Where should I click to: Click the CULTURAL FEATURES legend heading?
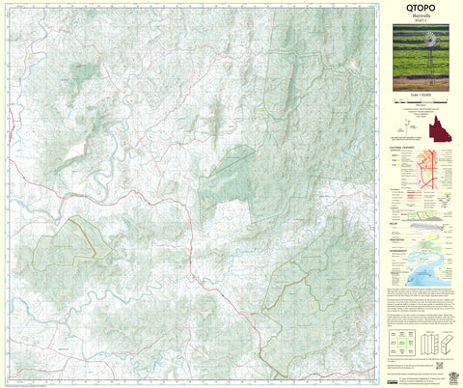[x=402, y=148]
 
